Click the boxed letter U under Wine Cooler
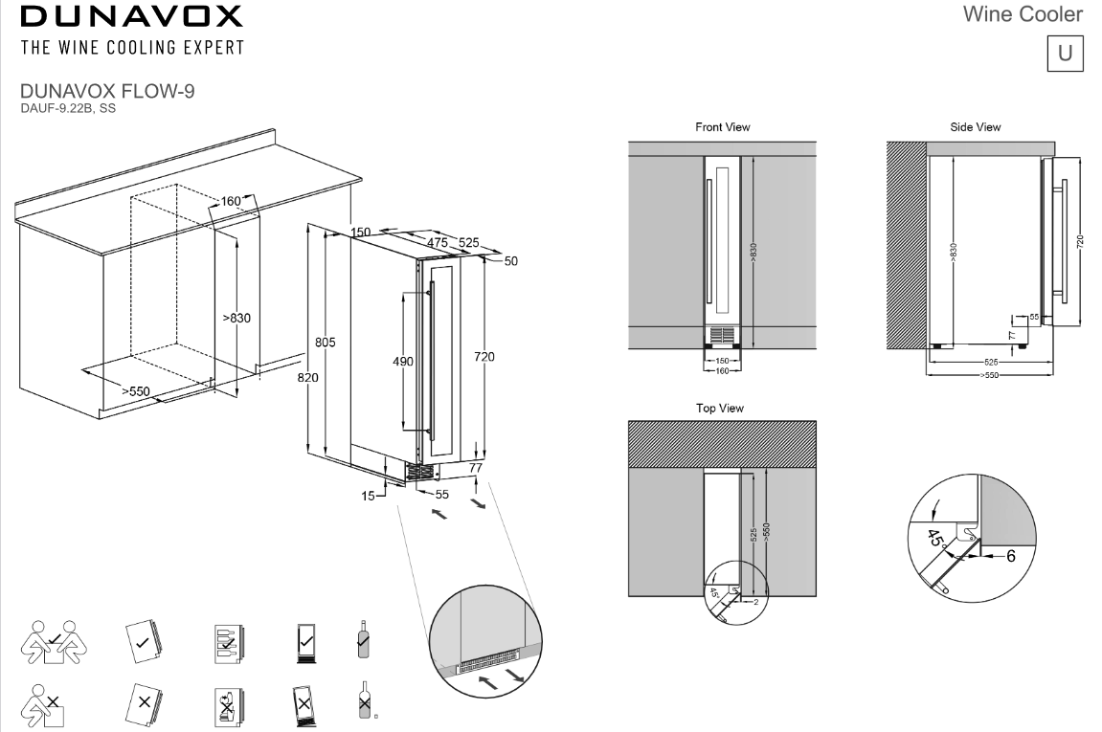[1064, 53]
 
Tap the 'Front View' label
[722, 126]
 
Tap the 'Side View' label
[975, 126]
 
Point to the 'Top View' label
[719, 408]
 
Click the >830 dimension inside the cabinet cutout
[236, 318]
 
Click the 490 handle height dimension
[403, 361]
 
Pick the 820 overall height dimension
[308, 378]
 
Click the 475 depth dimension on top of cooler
[437, 243]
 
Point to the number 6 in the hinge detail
[1010, 555]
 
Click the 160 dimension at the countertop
[231, 201]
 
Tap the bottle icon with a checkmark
[362, 638]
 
